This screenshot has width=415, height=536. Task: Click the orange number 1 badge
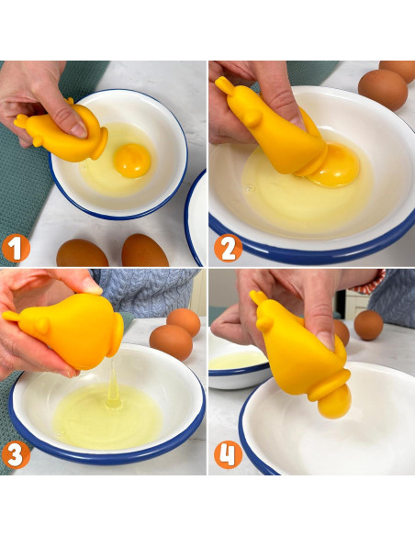coord(16,249)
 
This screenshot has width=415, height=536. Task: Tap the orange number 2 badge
coord(228,249)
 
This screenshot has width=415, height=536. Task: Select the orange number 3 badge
coord(16,454)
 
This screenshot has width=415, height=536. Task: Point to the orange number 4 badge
coord(228,454)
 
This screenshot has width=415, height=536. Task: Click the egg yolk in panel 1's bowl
coord(132,161)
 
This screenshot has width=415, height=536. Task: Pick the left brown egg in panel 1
coord(82,253)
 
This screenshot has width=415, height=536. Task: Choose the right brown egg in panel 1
coord(145,251)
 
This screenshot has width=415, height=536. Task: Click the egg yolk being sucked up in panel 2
coord(337,166)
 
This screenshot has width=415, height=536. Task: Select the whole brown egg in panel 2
coord(383,89)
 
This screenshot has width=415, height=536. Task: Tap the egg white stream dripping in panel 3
coord(113,379)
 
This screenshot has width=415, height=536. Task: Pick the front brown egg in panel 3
coord(171,342)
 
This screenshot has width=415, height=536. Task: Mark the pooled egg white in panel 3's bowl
coord(108,416)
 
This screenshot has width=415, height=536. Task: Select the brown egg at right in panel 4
coord(368,325)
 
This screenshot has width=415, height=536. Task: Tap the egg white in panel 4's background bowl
coord(239,361)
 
